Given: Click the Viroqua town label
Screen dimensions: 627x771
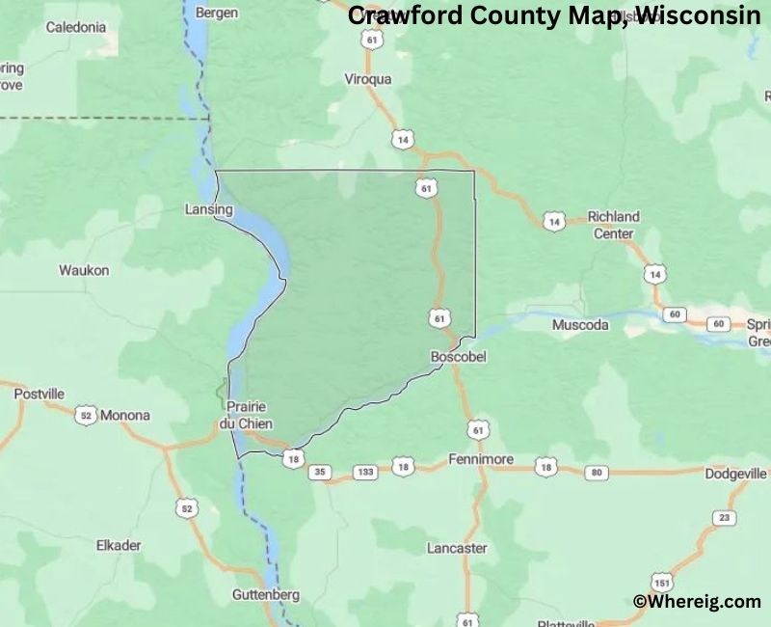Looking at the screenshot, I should tap(368, 80).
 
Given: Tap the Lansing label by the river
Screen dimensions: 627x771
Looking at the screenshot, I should tap(209, 209).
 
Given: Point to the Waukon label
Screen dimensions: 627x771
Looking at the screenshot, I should tap(84, 271).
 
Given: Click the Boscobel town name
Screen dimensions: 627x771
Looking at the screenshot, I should tap(458, 357).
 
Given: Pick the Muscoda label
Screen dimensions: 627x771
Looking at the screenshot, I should tap(580, 326).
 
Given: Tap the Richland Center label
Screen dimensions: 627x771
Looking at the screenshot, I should tap(614, 225).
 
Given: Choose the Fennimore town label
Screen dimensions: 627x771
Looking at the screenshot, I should tap(481, 460).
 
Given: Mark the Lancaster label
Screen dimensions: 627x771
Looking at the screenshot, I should tap(457, 548).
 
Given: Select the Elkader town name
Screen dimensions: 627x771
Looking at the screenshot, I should tap(119, 545).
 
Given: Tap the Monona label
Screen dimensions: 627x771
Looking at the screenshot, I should tap(126, 416).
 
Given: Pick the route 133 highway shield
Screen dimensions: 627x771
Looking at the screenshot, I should tap(365, 472).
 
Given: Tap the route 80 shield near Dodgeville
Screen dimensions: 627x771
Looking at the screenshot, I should tap(598, 472).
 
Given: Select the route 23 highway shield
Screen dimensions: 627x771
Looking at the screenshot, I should tap(723, 518).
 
